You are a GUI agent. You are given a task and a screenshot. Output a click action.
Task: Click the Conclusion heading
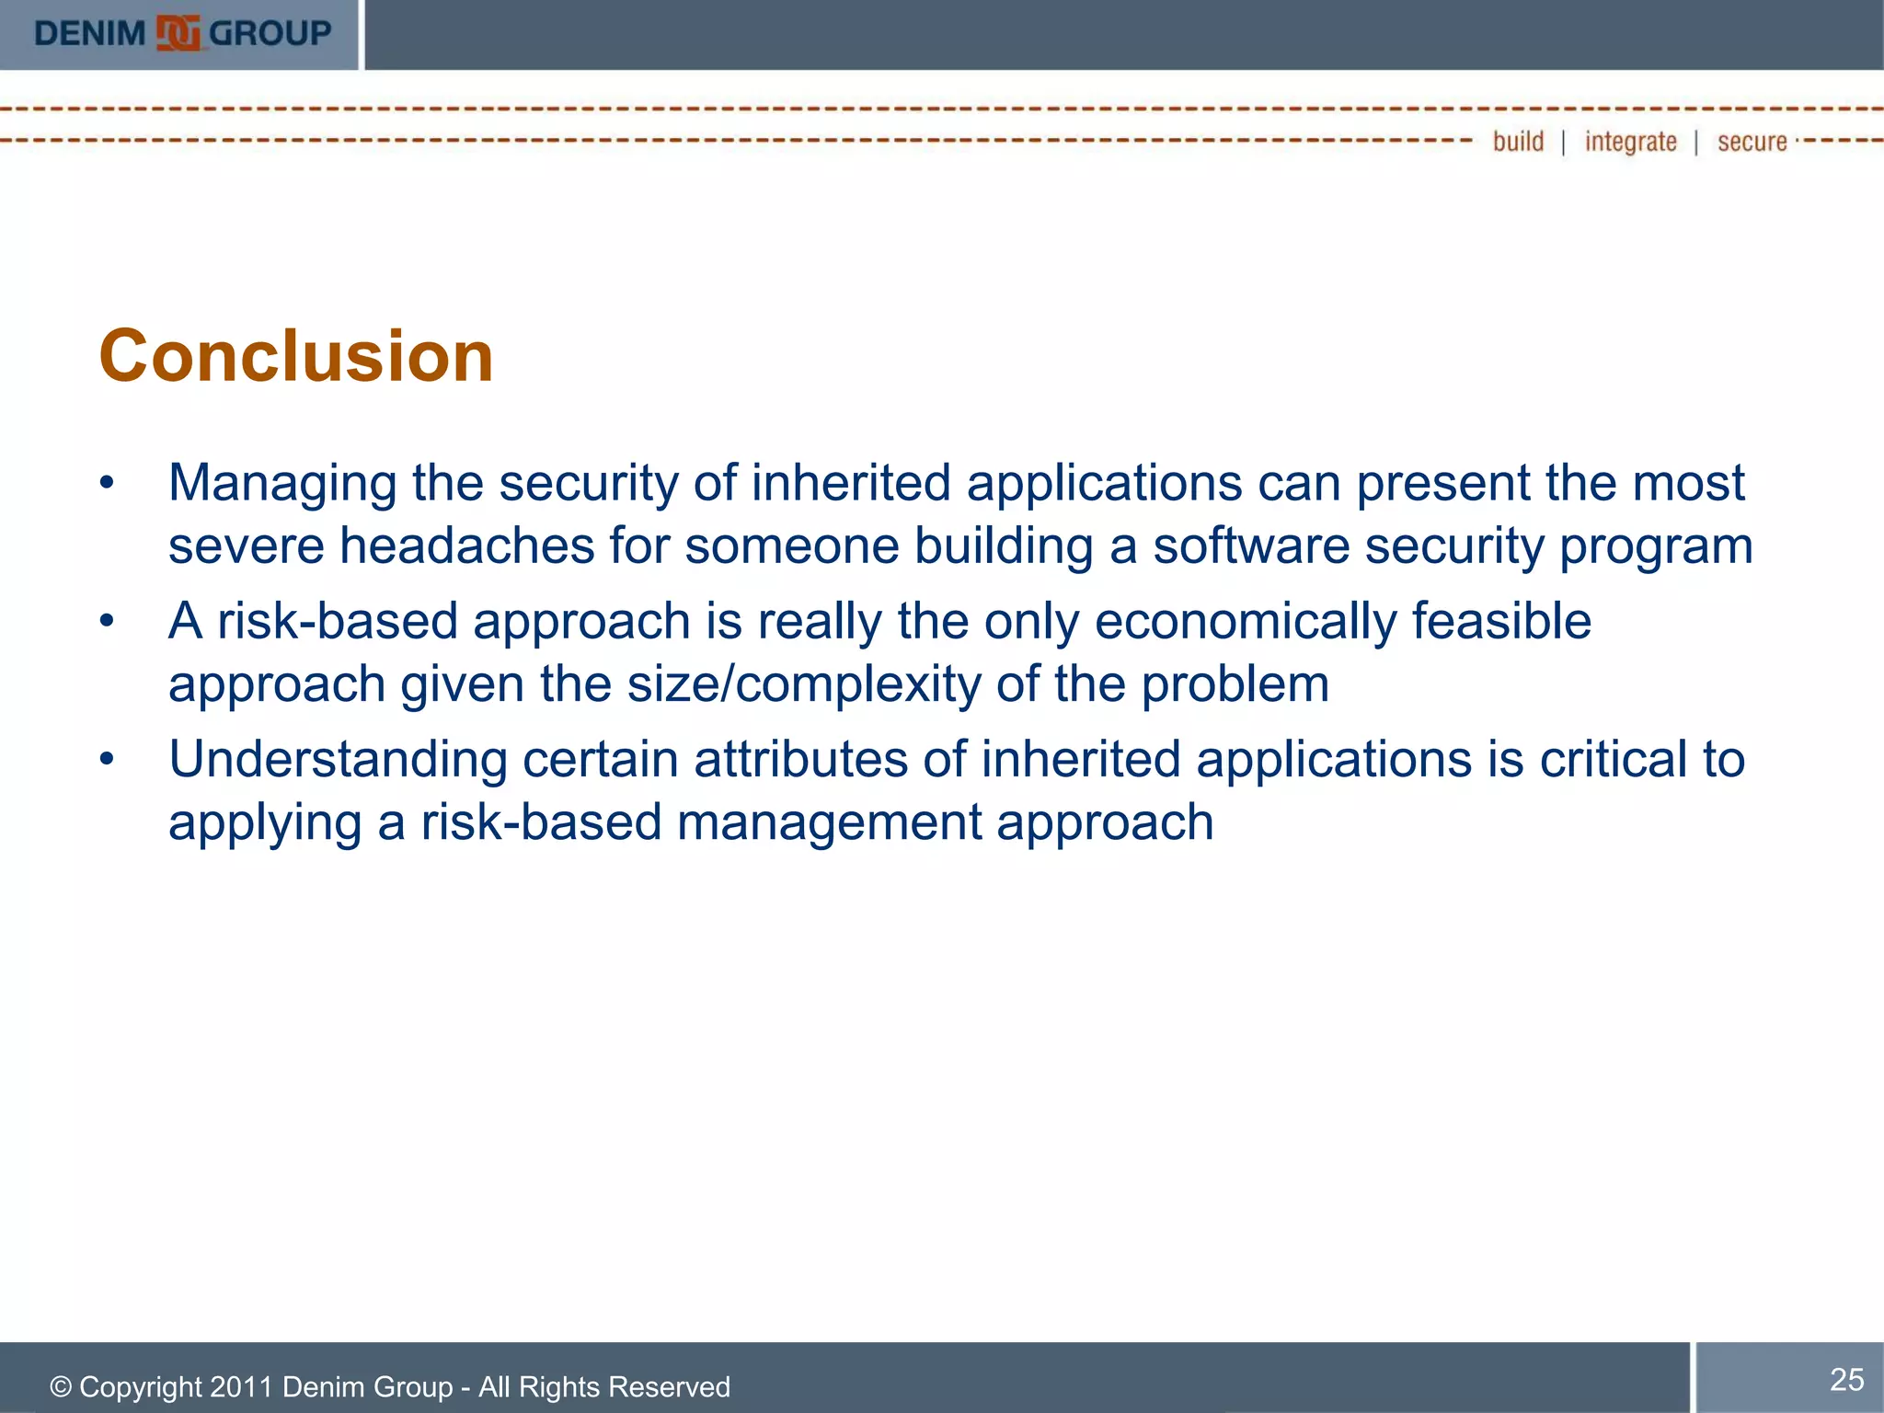coord(296,356)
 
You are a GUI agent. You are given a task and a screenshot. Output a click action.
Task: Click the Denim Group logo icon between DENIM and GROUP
coord(178,34)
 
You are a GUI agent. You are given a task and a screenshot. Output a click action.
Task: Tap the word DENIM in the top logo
coord(90,34)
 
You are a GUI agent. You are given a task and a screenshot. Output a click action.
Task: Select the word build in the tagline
coord(1518,142)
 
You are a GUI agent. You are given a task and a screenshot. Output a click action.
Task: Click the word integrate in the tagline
coord(1630,142)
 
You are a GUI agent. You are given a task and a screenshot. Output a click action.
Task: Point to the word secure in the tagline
coord(1752,142)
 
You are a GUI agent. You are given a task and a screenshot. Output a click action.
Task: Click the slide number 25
coord(1846,1380)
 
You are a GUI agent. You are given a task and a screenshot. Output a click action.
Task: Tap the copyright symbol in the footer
coord(61,1387)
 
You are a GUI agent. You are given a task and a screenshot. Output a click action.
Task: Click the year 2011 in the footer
coord(242,1387)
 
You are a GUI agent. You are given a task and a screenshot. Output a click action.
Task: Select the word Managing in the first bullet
coord(282,484)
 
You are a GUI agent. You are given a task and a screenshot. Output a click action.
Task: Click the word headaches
coord(467,546)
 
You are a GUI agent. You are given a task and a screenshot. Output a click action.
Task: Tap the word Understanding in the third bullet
coord(338,760)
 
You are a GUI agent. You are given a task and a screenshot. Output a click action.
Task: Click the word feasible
coord(1501,621)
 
